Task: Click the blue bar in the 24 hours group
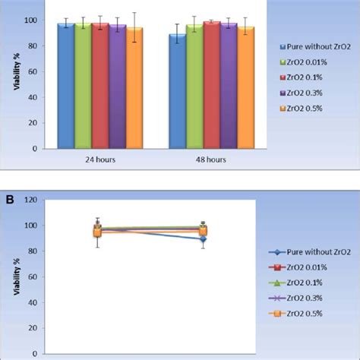(x=66, y=86)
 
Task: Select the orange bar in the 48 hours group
(x=246, y=87)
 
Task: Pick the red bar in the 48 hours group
(x=212, y=85)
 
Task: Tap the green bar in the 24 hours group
(x=83, y=86)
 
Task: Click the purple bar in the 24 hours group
(x=118, y=87)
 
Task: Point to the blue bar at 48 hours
(x=178, y=91)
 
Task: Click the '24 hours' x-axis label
(x=100, y=159)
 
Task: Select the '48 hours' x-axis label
(x=211, y=159)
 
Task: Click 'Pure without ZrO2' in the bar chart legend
(x=318, y=47)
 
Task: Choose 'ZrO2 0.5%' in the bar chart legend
(x=305, y=109)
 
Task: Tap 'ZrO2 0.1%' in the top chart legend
(x=305, y=77)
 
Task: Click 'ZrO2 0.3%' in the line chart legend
(x=305, y=298)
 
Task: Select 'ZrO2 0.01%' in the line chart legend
(x=307, y=267)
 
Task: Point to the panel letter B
(x=10, y=200)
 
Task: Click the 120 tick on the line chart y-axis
(x=30, y=200)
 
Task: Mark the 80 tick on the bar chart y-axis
(x=33, y=46)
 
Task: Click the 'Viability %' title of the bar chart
(x=17, y=71)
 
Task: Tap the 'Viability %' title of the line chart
(x=17, y=276)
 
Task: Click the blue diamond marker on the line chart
(x=203, y=238)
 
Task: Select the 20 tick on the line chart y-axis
(x=33, y=328)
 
